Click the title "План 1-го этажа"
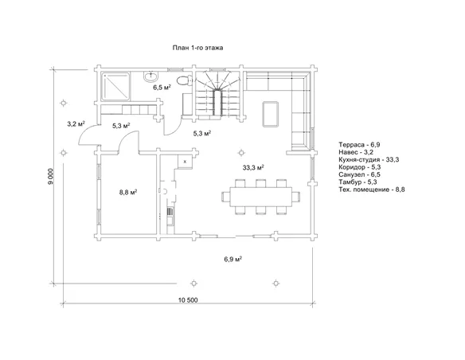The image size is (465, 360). pos(197,48)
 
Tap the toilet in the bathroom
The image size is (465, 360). pos(183,80)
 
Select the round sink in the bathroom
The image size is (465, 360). pos(151,76)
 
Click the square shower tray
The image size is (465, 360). pos(115,86)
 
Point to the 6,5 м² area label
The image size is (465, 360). pos(162,87)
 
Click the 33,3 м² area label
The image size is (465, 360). pos(253,167)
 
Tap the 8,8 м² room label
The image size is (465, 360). pos(128,192)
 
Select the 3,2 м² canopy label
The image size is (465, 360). pos(76,124)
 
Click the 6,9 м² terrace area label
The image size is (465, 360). pos(233,259)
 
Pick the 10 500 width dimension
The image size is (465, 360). pos(188,299)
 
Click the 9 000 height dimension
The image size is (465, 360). pos(51,177)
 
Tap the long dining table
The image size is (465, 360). pos(261,197)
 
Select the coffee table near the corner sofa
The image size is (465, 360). pos(270,114)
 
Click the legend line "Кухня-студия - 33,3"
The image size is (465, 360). pos(369,160)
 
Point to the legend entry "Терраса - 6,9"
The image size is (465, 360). pos(359,145)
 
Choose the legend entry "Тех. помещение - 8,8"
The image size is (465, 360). pos(372,190)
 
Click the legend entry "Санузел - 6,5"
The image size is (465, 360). pos(360,174)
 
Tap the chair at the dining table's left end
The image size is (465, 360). pos(225,197)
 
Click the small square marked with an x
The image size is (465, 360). pos(185,162)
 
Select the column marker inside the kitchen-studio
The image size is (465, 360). pos(241,153)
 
